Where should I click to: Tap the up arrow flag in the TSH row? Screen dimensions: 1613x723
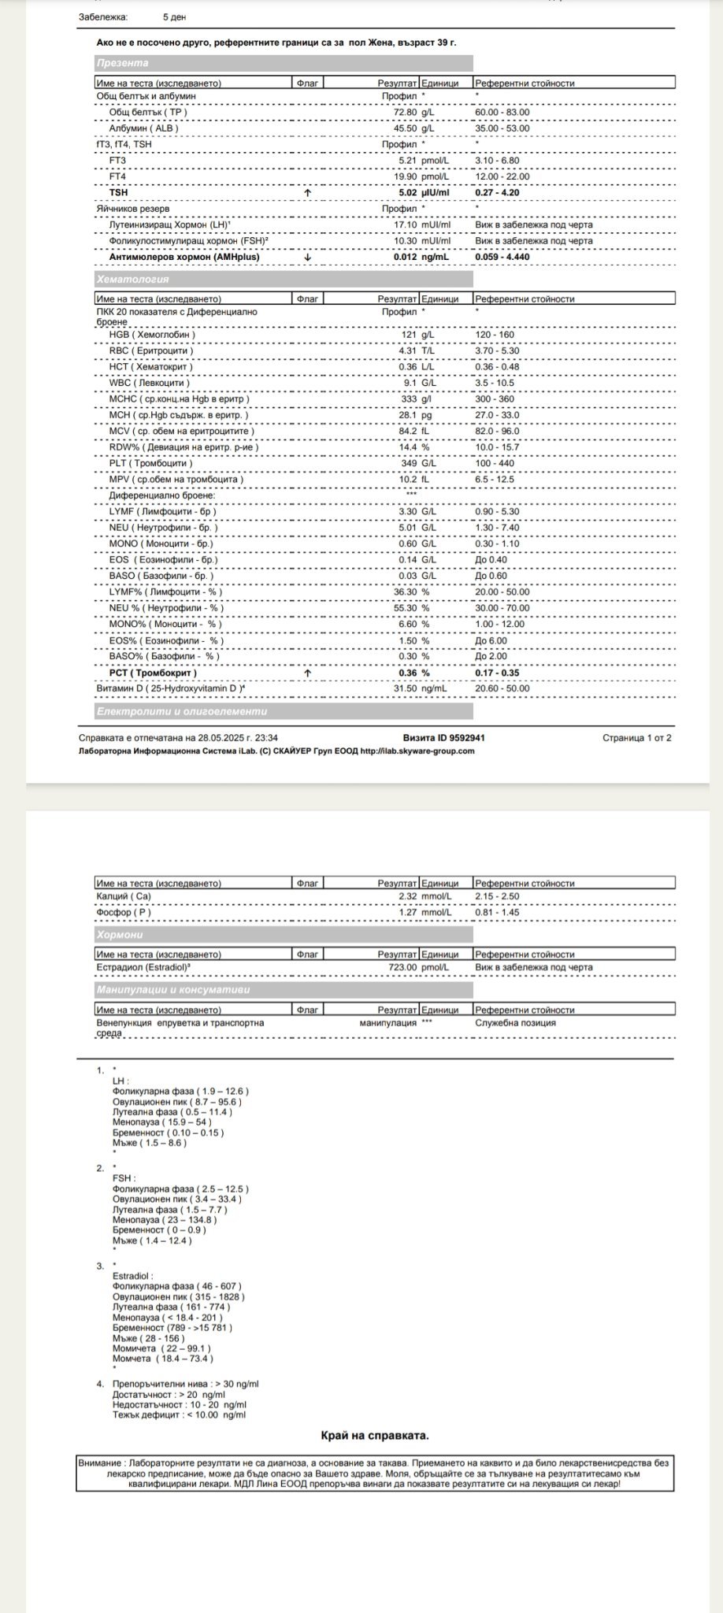click(x=307, y=192)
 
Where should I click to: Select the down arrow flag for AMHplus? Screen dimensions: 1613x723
click(x=307, y=257)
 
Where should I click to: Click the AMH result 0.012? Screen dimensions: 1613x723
click(x=405, y=257)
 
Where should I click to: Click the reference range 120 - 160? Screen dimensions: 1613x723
click(x=495, y=335)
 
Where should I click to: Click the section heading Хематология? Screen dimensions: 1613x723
click(x=133, y=279)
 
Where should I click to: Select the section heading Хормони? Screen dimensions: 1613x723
click(x=120, y=935)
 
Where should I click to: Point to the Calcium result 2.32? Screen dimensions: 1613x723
click(x=407, y=896)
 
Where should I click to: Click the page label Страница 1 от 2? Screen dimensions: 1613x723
click(x=636, y=738)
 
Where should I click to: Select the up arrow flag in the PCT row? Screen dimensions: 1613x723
click(x=307, y=673)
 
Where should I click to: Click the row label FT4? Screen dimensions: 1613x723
click(x=117, y=176)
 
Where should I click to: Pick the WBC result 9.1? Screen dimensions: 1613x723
click(x=410, y=383)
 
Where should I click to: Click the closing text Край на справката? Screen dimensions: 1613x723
click(x=375, y=1436)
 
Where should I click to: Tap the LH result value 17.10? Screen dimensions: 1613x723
click(x=405, y=224)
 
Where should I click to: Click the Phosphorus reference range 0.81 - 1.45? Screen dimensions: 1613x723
click(x=497, y=912)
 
